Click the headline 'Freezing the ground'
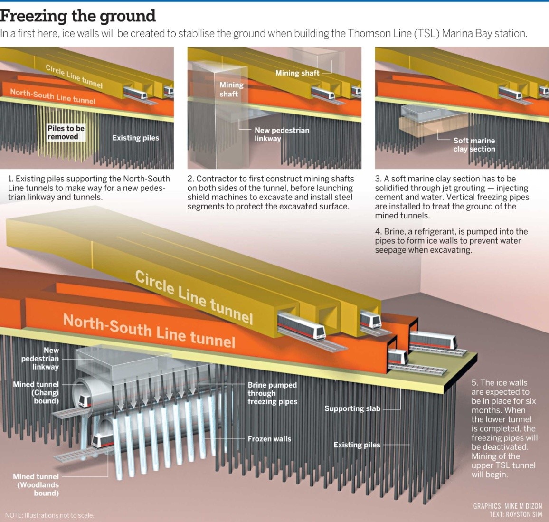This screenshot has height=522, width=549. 78,16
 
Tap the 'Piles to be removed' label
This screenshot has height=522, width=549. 66,133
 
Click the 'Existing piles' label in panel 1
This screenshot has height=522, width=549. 135,138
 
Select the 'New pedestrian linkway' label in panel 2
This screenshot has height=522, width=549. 281,134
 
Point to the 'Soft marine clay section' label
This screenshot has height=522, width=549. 473,144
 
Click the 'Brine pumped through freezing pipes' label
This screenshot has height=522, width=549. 272,393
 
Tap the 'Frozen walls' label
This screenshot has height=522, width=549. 269,439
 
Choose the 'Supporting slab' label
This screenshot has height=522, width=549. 352,408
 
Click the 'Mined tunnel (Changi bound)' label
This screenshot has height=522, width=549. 36,392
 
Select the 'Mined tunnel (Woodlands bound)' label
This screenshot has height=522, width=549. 36,484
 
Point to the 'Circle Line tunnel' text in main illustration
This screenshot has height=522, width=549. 194,296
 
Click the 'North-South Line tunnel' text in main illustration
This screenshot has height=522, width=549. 149,330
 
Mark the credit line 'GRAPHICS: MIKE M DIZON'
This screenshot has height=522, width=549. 507,506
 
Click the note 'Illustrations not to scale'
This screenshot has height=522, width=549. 49,515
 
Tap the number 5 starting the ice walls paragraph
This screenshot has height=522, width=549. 474,383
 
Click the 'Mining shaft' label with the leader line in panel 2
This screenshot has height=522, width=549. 297,73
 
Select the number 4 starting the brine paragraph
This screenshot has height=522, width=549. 378,232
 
